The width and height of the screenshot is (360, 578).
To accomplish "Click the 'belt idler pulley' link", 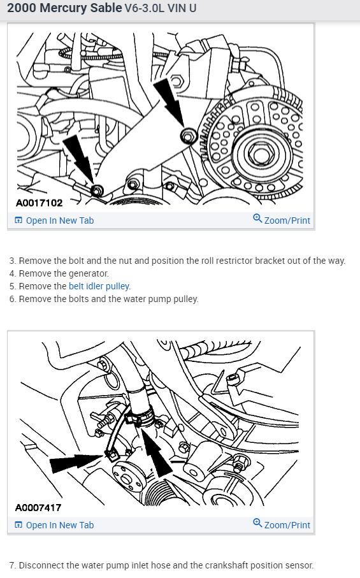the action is point(99,286).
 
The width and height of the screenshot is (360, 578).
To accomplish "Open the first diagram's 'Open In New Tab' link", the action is point(54,220).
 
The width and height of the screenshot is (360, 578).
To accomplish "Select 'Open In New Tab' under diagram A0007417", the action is point(54,525).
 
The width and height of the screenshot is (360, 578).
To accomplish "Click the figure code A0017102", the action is point(39,203).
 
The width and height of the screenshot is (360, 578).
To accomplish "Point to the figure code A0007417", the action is point(38,508).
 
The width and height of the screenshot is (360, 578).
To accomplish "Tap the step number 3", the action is point(12,261).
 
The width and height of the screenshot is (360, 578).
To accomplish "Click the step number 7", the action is point(12,565).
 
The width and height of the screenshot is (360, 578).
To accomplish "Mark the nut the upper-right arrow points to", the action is point(189,136).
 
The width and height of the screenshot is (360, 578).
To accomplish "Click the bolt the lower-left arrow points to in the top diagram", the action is point(97,191).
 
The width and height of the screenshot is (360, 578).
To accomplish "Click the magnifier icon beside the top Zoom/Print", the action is point(257,219).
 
